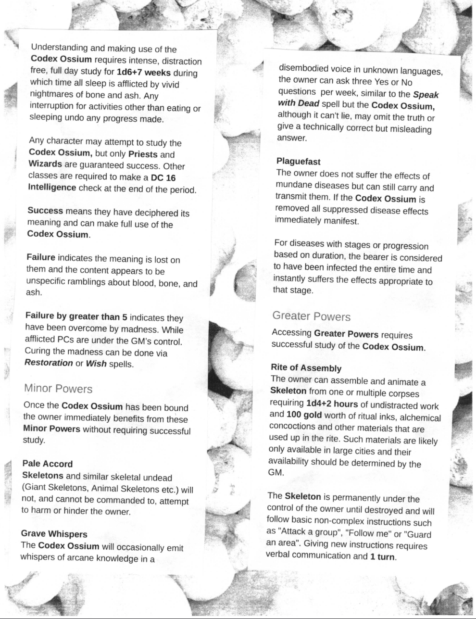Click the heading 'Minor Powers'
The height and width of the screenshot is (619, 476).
(58, 388)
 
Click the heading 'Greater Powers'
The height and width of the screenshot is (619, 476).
(311, 316)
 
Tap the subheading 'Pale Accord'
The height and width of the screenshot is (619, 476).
(48, 464)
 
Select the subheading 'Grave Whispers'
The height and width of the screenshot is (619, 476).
(54, 534)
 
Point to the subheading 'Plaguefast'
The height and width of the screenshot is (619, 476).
(298, 162)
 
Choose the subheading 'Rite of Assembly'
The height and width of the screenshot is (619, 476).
(306, 368)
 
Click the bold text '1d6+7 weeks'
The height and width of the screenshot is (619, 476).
(143, 73)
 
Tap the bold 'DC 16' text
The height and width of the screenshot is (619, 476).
(163, 178)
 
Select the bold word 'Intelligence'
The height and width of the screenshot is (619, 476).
(52, 188)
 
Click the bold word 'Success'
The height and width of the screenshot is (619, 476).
(45, 211)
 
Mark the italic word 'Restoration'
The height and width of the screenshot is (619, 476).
(49, 363)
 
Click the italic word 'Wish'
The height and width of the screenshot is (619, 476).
(96, 364)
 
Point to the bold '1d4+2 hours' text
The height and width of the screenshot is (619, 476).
(332, 404)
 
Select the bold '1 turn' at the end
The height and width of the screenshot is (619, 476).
(382, 557)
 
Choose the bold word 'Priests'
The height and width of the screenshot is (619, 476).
(143, 154)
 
